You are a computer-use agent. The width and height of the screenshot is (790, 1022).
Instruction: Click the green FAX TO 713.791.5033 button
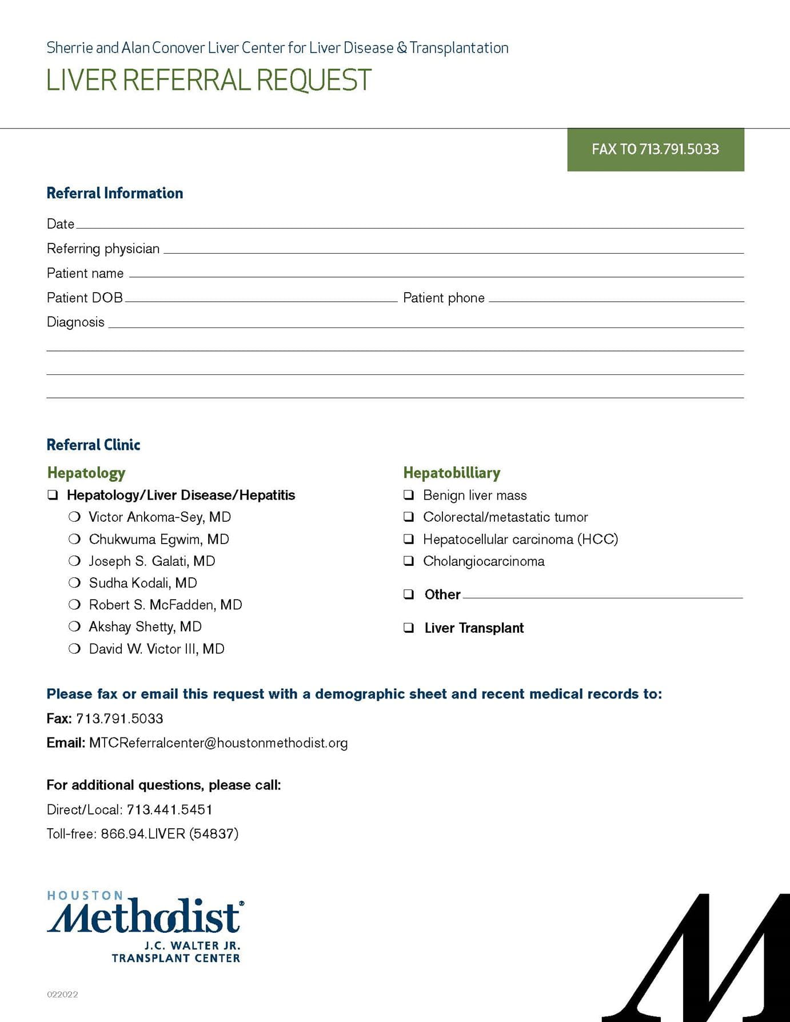[655, 149]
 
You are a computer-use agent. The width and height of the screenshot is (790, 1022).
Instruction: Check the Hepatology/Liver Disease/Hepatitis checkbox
[53, 495]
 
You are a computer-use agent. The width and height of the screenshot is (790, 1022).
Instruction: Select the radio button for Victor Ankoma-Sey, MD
[74, 517]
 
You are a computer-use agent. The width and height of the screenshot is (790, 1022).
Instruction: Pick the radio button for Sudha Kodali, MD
[74, 583]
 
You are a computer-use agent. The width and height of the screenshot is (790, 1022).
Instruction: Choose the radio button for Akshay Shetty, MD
[74, 627]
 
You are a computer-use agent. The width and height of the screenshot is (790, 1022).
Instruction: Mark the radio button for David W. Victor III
[74, 649]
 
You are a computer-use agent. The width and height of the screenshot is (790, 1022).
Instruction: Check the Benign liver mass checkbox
[409, 495]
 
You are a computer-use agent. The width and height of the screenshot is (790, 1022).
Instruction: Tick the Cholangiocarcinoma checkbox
[409, 561]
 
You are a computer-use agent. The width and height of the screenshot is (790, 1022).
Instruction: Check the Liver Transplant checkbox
[409, 628]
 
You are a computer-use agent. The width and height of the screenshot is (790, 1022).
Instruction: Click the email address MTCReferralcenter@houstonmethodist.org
[218, 743]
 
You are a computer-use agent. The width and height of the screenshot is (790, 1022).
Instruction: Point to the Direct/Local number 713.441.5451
[169, 809]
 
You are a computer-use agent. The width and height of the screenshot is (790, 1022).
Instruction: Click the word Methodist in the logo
[145, 917]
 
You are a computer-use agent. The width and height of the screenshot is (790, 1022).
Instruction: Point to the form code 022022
[62, 995]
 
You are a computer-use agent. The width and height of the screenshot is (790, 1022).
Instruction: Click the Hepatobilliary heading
[452, 473]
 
